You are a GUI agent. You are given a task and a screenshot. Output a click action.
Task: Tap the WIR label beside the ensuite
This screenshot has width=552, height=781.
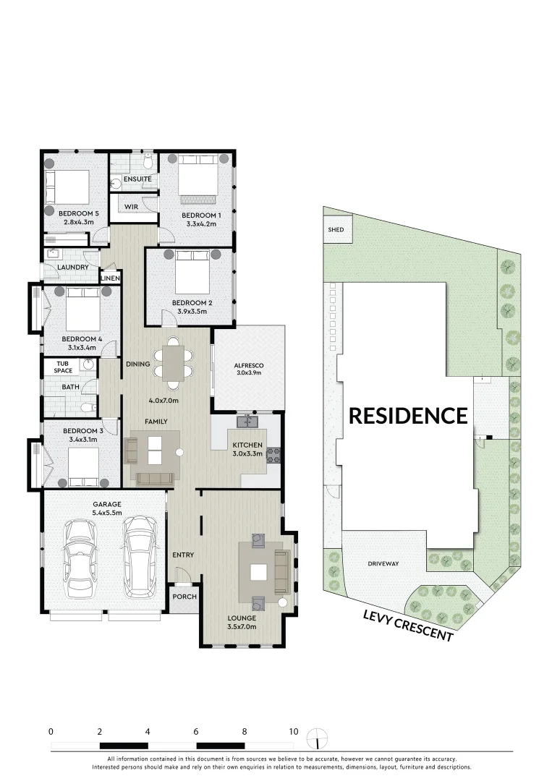[131, 207]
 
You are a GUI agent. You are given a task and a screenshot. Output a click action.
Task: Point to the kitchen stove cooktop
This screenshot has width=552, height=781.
[275, 455]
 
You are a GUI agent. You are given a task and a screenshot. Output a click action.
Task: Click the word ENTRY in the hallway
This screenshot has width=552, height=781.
[183, 555]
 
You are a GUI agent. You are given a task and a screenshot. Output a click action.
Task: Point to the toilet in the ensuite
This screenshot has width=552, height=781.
[148, 158]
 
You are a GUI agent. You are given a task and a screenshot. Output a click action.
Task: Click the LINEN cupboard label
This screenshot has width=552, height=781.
[110, 278]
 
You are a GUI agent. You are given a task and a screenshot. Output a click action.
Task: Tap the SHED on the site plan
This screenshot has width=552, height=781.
[336, 230]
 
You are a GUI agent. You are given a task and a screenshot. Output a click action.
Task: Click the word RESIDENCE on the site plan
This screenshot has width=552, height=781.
[408, 415]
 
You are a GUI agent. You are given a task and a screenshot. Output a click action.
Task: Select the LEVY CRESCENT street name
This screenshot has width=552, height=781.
[408, 624]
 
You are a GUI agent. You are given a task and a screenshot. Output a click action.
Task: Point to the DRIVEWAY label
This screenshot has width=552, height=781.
[383, 563]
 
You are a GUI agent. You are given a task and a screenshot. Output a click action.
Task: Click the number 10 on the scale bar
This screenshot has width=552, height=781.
[293, 731]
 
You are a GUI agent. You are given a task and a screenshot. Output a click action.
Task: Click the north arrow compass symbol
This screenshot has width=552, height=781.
[317, 738]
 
